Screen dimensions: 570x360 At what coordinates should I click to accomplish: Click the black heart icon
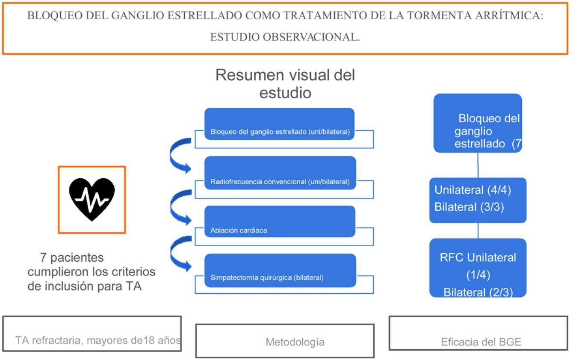tap(92, 199)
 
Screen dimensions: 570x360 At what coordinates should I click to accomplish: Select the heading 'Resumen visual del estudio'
tap(285, 84)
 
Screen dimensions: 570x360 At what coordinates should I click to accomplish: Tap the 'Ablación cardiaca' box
tap(280, 221)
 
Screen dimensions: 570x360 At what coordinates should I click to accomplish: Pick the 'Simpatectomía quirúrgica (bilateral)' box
tap(280, 270)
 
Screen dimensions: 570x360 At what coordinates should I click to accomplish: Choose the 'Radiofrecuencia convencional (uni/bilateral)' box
tap(280, 173)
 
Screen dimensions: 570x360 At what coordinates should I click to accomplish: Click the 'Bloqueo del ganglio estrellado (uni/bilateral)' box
tap(280, 124)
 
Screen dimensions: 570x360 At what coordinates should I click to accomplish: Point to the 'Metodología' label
tap(295, 342)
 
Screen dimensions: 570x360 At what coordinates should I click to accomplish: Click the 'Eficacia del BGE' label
tap(481, 342)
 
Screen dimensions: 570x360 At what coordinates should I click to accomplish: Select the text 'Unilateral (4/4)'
tap(473, 190)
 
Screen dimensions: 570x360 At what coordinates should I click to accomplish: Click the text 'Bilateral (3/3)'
tap(468, 207)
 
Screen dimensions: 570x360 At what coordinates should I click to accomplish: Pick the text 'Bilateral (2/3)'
tap(478, 292)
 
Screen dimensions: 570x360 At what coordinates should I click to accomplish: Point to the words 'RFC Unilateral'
tap(478, 257)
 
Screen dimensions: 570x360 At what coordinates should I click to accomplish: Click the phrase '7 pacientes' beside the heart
tap(72, 258)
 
